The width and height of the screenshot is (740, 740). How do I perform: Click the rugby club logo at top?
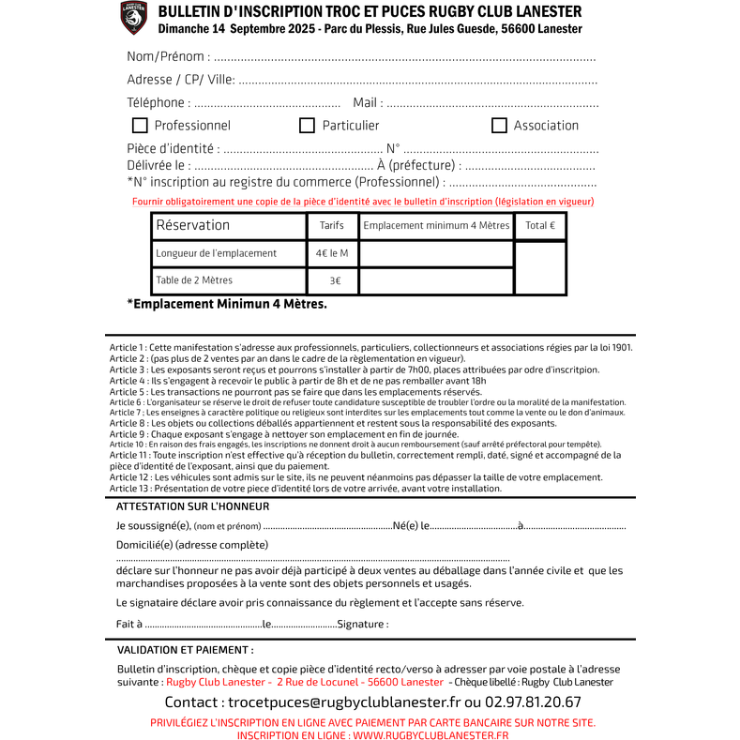click(134, 17)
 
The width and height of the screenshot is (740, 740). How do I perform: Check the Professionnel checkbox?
click(140, 126)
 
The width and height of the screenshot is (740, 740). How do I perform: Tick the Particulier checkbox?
click(307, 126)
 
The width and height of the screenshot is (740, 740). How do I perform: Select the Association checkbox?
click(499, 126)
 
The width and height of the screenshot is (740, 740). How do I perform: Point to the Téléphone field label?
click(159, 102)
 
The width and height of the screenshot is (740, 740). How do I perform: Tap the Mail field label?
click(367, 102)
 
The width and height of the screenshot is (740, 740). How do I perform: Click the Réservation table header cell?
click(192, 225)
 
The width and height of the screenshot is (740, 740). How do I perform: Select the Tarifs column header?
click(332, 226)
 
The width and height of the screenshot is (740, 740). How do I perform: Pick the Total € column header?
click(540, 226)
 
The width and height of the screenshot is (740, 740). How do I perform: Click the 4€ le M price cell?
click(332, 253)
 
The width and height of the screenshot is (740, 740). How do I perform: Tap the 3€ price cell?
click(335, 280)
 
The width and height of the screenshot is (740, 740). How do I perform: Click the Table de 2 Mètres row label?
click(194, 280)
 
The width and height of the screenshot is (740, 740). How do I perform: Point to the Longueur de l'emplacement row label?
click(216, 253)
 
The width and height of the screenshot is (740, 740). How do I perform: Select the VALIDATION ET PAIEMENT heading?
click(185, 649)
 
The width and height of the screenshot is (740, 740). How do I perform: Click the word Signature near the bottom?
click(362, 625)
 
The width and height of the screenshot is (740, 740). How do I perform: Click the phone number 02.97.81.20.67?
click(533, 702)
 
